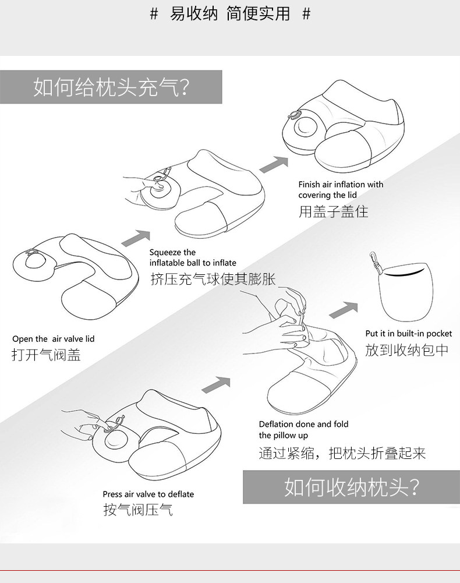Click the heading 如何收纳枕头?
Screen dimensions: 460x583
tap(352, 486)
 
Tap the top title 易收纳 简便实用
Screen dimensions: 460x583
tap(230, 13)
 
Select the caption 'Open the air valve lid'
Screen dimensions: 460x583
tap(53, 338)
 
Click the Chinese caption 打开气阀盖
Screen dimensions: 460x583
tap(46, 354)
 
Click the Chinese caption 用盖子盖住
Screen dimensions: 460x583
tap(333, 211)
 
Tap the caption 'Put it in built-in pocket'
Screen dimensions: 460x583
tap(409, 333)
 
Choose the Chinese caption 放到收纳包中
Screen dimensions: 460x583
tap(407, 349)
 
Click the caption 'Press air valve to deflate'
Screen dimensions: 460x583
tap(148, 494)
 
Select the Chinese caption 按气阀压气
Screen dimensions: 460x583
tap(138, 510)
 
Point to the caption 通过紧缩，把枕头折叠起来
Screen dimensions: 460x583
tap(342, 453)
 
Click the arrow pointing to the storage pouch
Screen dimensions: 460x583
tap(344, 310)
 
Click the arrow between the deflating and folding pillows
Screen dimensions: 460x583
tap(215, 385)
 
